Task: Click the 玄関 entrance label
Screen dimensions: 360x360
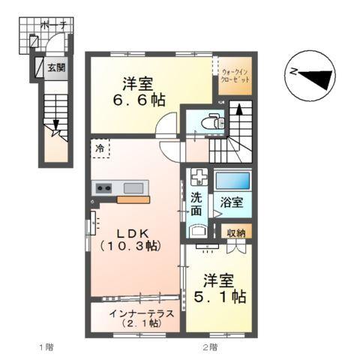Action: point(55,67)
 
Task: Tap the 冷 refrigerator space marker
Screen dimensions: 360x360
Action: point(100,148)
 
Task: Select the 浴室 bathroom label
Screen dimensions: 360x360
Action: point(230,202)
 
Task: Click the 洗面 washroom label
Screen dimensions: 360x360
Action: point(196,205)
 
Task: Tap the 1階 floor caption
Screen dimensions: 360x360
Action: point(45,347)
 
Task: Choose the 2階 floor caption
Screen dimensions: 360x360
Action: point(208,347)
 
